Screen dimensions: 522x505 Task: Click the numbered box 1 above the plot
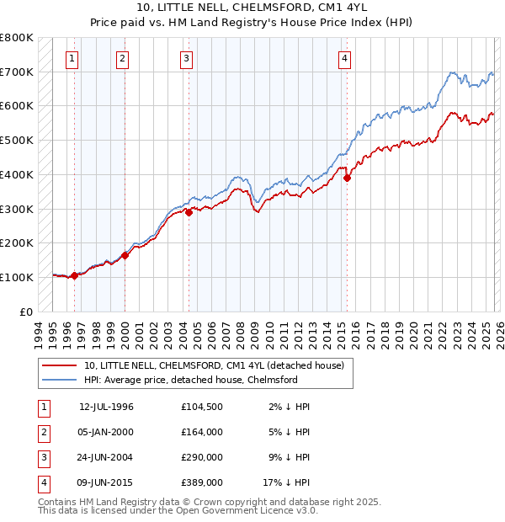[x=72, y=58]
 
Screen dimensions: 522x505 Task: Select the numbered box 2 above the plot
[x=123, y=58]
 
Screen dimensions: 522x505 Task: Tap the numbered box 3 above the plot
[x=186, y=58]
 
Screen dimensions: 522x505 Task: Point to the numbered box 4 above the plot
[x=345, y=58]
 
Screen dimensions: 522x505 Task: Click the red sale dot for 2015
[x=347, y=177]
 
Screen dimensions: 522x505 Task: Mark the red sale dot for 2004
[x=189, y=212]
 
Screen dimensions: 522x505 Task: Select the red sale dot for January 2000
[x=125, y=255]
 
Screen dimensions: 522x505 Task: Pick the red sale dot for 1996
[x=74, y=275]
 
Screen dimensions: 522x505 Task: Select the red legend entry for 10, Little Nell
[x=214, y=366]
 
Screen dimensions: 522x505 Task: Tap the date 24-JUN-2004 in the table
[x=106, y=457]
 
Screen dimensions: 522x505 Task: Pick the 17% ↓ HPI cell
[x=286, y=482]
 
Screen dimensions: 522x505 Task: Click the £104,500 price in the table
[x=202, y=407]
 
